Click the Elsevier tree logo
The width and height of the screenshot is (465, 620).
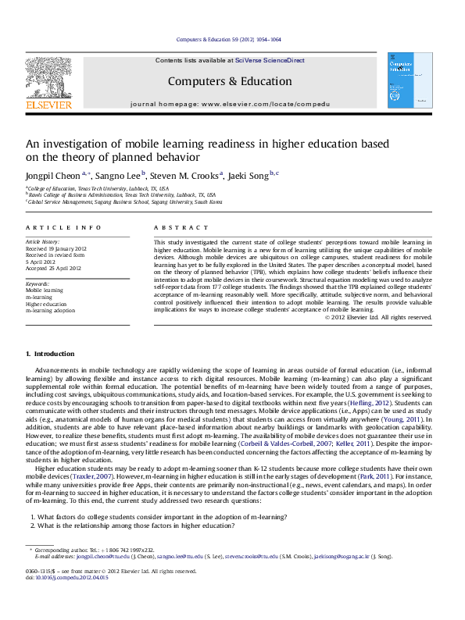click(x=48, y=78)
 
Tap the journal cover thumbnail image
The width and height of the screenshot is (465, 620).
click(x=404, y=80)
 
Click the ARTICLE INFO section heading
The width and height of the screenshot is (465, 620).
click(x=63, y=227)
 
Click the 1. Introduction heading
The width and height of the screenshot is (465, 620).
click(x=51, y=355)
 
